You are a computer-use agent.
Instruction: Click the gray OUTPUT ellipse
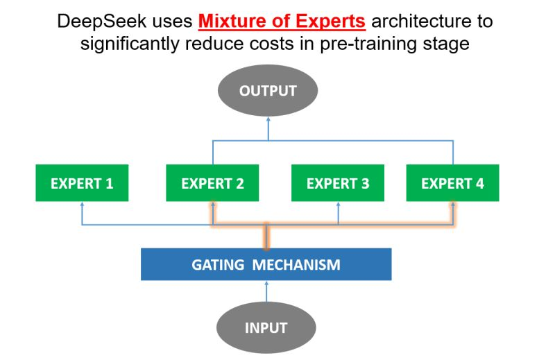(268, 90)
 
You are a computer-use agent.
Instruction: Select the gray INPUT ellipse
(266, 327)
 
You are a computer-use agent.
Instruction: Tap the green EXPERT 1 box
(82, 183)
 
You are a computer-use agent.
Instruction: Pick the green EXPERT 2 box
(212, 183)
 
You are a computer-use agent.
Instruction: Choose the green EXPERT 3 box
(338, 183)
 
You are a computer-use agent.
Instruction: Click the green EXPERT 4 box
(453, 183)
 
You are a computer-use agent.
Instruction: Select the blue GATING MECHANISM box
(266, 264)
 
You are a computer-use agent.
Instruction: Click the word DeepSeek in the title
(101, 22)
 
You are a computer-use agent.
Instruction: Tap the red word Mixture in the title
(232, 21)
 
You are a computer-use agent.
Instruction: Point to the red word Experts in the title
(331, 22)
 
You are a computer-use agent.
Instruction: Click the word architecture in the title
(422, 21)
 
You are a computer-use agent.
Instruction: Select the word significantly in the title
(130, 44)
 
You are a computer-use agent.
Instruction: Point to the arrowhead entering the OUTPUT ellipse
(268, 119)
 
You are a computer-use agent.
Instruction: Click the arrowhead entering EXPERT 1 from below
(82, 204)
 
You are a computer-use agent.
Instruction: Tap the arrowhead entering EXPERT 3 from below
(338, 204)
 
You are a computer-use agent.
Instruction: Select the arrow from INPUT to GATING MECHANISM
(266, 291)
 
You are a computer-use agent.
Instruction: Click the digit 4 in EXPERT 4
(479, 183)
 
